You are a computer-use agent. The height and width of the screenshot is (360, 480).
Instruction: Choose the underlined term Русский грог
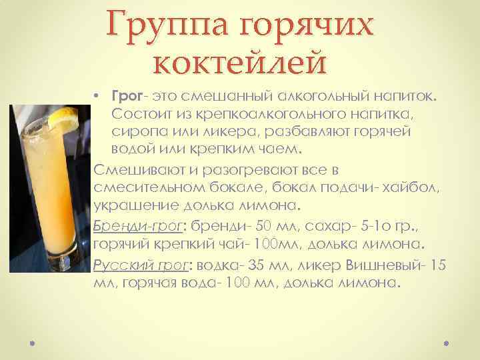[x=141, y=264]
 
